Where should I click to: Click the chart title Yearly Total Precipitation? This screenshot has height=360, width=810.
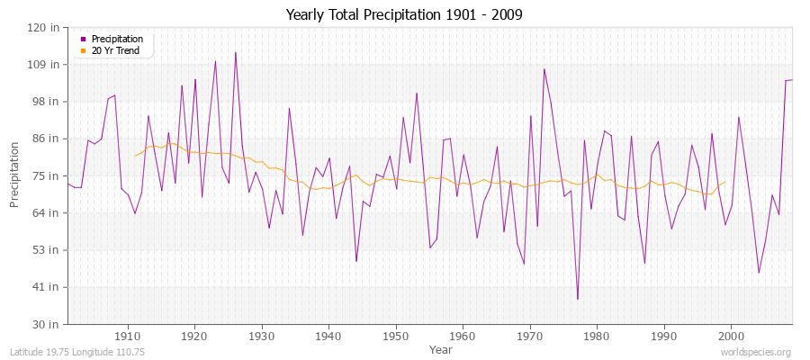click(404, 15)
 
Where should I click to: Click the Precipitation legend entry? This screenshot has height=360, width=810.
click(117, 40)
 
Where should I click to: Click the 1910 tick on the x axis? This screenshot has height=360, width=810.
click(128, 336)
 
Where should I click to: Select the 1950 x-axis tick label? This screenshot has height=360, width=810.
click(396, 336)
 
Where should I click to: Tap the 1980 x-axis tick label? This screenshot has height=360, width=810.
click(597, 336)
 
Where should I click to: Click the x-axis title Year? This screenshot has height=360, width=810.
click(429, 349)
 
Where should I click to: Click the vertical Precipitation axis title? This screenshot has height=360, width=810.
click(15, 175)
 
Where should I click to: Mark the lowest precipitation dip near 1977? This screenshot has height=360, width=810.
click(578, 299)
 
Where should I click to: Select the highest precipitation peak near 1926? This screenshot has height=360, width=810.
click(236, 52)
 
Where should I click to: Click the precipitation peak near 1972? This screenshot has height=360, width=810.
click(544, 69)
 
